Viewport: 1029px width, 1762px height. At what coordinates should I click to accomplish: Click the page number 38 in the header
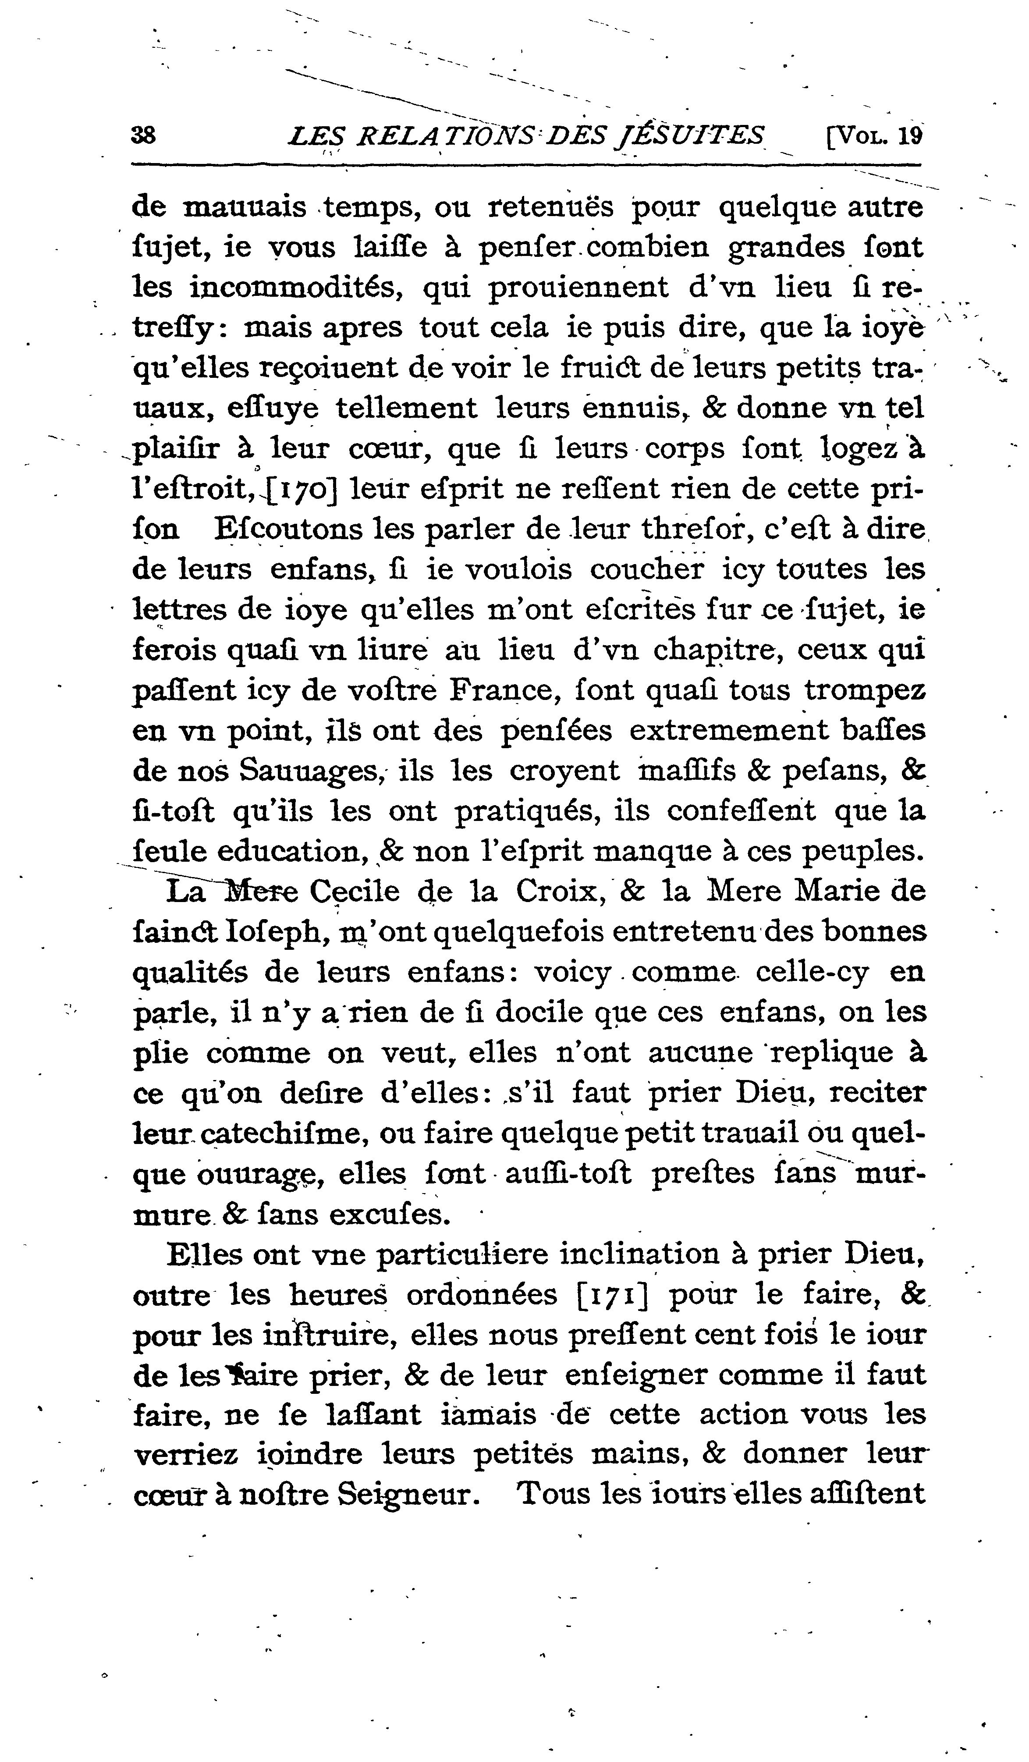click(x=144, y=134)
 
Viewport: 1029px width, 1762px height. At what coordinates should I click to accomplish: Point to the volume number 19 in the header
click(x=910, y=134)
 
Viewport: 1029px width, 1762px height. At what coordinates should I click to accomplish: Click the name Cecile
click(x=355, y=892)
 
